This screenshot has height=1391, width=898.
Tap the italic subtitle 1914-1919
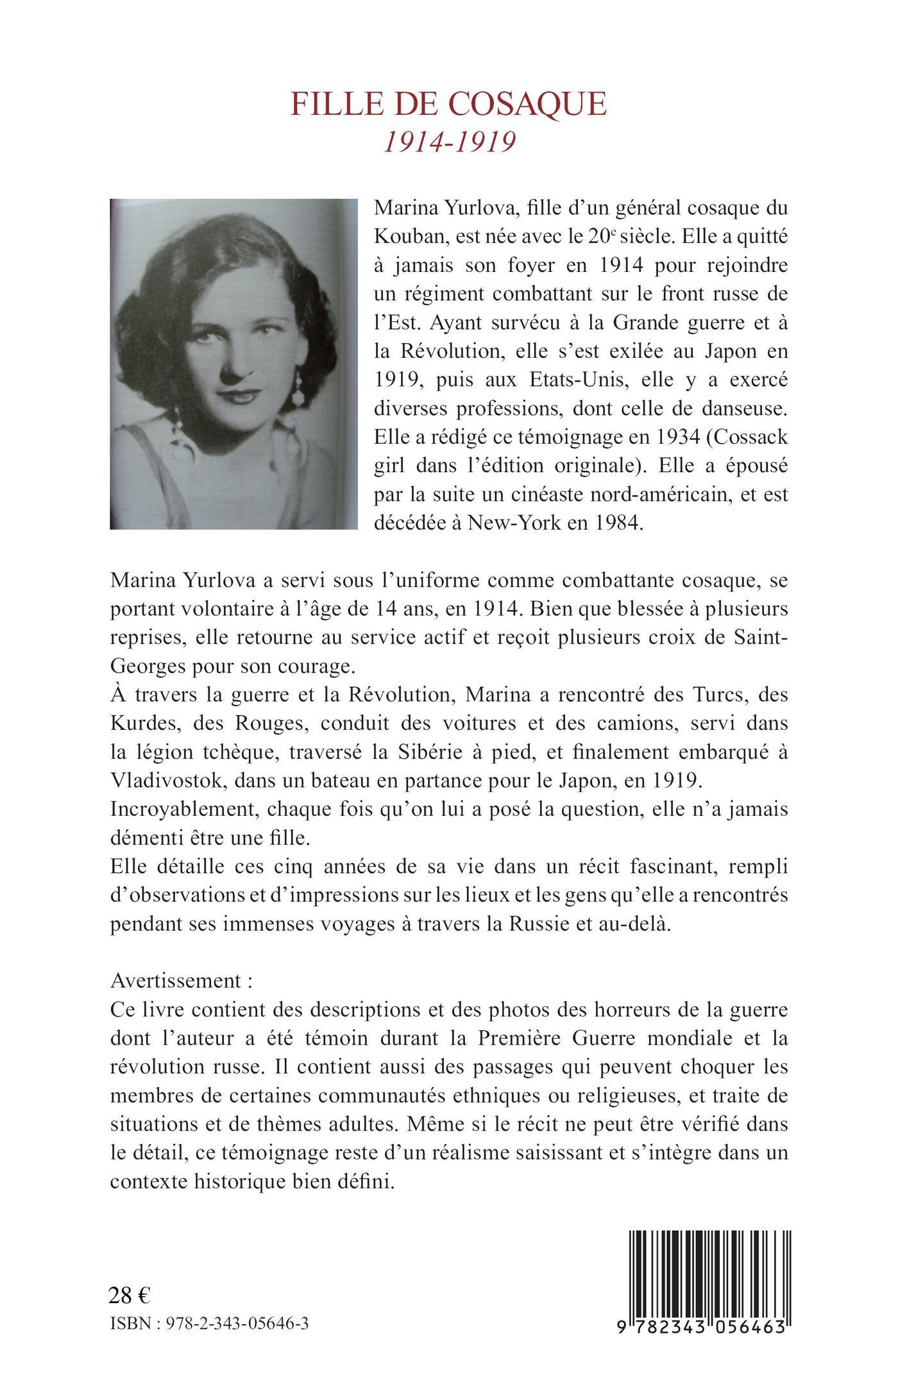click(x=449, y=142)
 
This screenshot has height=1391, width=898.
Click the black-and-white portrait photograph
click(x=233, y=364)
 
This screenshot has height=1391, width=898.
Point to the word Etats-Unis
click(x=585, y=381)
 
